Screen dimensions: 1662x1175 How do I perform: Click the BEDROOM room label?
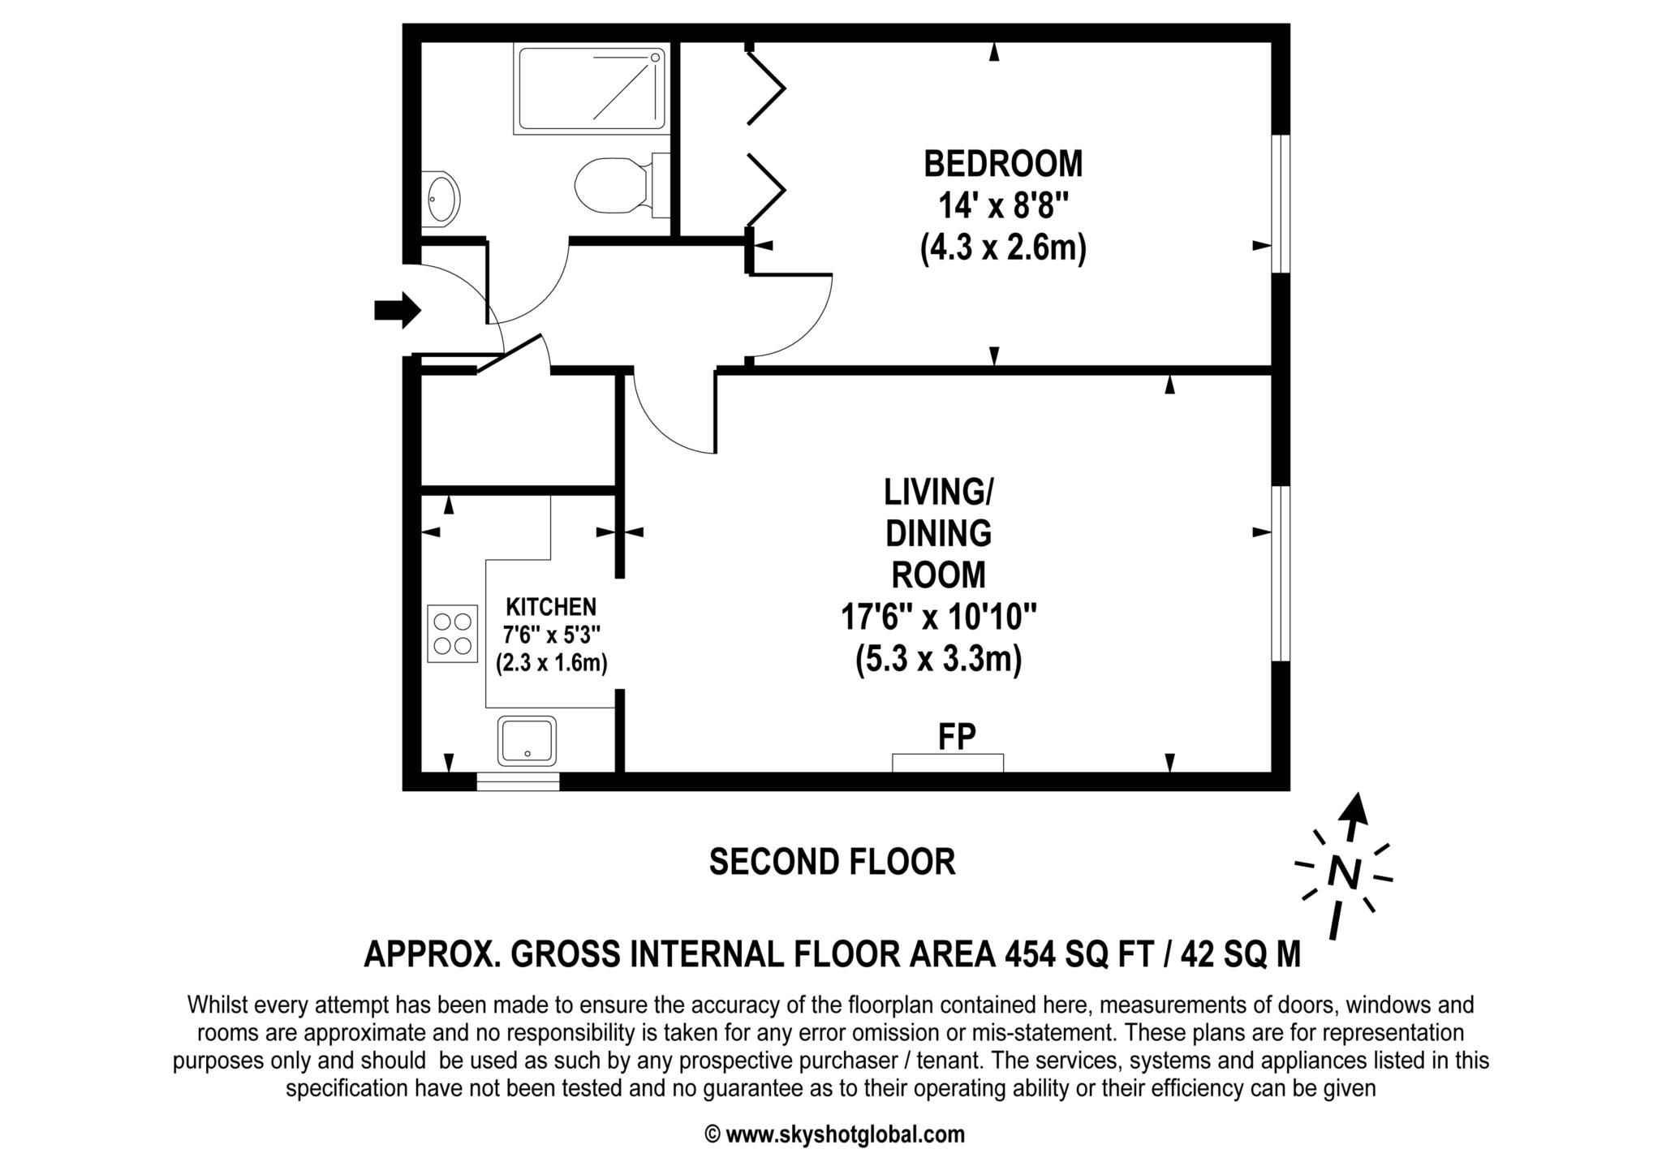(1003, 164)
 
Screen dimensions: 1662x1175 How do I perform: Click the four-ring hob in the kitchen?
(453, 633)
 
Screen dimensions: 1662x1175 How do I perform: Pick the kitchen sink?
(527, 740)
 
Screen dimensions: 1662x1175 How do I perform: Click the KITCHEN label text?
(551, 607)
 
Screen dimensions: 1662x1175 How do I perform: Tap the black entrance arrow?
(398, 310)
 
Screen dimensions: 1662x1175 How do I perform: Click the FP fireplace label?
(957, 737)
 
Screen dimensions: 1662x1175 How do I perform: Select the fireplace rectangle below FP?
(948, 763)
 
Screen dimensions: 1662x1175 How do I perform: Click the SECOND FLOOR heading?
(832, 862)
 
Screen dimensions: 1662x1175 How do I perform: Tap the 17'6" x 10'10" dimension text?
(939, 618)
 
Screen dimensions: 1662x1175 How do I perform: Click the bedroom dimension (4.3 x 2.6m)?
(1003, 247)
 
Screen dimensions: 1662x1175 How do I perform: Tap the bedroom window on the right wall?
(1281, 204)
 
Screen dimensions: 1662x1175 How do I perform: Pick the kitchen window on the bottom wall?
(518, 781)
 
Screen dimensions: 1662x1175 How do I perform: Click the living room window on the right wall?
(1281, 574)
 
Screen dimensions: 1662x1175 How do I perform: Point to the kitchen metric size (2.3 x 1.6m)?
(552, 663)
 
